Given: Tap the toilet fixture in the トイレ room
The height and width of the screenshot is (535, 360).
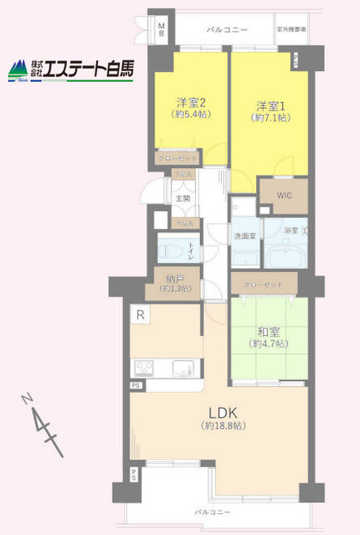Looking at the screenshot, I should (170, 249).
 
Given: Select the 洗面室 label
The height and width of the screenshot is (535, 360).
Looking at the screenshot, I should (244, 237).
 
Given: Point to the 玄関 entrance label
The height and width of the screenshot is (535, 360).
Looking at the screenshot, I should (182, 198).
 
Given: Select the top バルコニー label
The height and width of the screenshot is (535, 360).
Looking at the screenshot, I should (229, 29).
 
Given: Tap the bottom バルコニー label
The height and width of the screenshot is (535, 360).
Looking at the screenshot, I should (213, 510).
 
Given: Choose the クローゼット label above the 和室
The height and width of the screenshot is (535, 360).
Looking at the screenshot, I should (263, 284).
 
